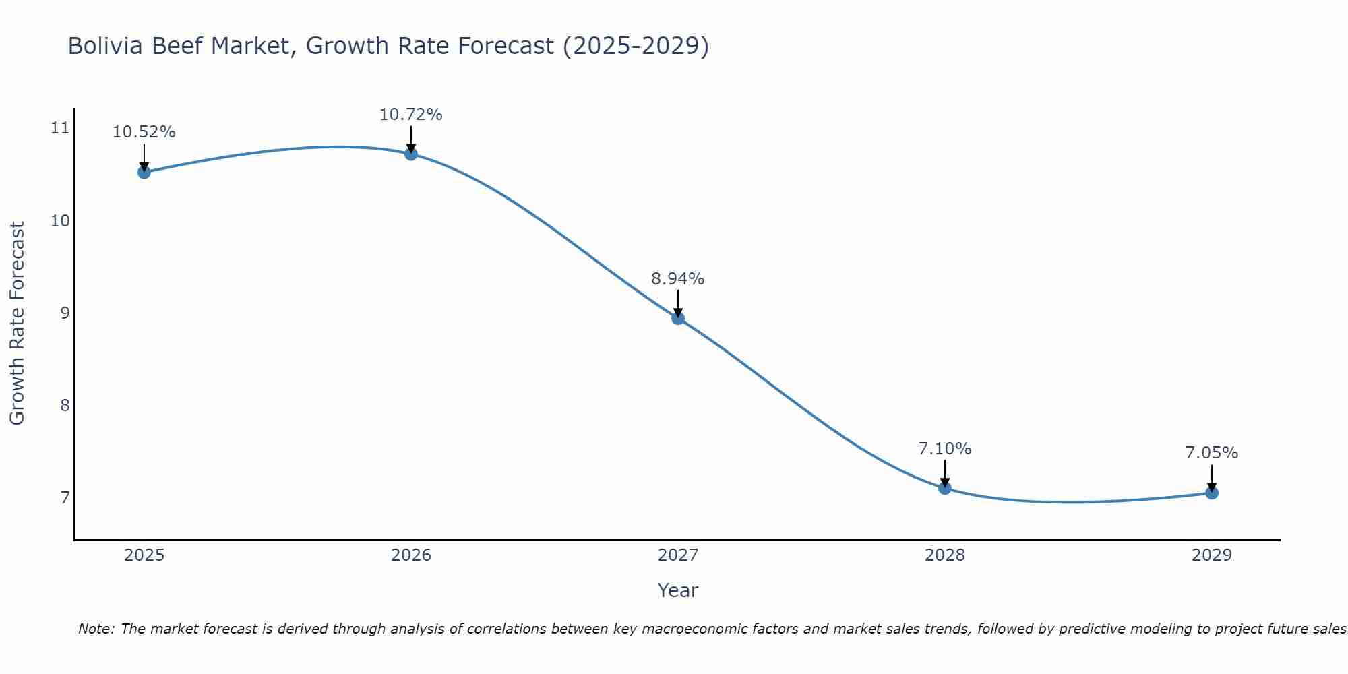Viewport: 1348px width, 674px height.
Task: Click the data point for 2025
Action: point(144,172)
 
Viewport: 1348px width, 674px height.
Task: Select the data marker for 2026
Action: point(410,154)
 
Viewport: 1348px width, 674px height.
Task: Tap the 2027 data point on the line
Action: point(678,318)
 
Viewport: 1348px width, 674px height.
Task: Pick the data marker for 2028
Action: point(945,488)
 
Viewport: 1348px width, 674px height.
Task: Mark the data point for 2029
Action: point(1212,493)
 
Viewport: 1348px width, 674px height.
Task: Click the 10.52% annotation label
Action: point(144,132)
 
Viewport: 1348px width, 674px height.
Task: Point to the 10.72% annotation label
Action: point(410,115)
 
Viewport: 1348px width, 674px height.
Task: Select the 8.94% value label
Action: point(678,278)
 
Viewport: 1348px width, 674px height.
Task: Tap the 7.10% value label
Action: point(945,448)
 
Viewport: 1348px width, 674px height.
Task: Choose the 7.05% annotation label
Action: point(1212,453)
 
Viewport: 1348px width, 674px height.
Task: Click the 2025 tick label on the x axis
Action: point(144,555)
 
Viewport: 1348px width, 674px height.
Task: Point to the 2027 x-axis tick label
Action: point(678,555)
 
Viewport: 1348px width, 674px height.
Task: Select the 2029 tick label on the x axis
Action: point(1212,555)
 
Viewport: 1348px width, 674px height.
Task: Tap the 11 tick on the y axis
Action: point(61,127)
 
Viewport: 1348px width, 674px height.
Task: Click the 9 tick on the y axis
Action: point(65,313)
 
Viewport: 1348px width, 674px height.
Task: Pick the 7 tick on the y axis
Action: point(65,498)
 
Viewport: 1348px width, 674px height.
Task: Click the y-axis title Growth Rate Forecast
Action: point(17,323)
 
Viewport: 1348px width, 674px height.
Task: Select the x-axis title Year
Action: point(677,590)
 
